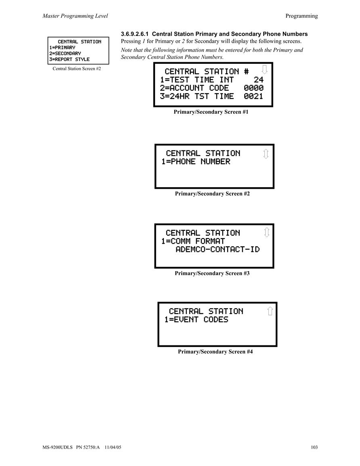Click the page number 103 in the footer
click(x=314, y=447)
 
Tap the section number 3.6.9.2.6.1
click(x=135, y=34)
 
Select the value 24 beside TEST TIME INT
click(x=258, y=79)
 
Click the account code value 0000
click(x=253, y=88)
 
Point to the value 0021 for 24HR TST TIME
click(x=253, y=96)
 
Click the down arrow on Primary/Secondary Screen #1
click(x=264, y=69)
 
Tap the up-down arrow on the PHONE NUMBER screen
click(x=266, y=154)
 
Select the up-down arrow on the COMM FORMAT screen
click(x=267, y=232)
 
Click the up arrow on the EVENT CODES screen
click(x=270, y=311)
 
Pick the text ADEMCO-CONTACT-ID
click(x=218, y=249)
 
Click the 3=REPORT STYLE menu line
click(x=69, y=59)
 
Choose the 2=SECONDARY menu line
click(x=65, y=54)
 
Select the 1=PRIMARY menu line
click(x=63, y=48)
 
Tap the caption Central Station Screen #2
click(x=77, y=69)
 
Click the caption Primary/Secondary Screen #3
click(x=212, y=273)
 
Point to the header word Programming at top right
click(x=301, y=16)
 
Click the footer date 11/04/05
click(x=113, y=447)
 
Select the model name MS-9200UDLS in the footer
click(x=57, y=447)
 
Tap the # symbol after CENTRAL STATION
click(x=247, y=72)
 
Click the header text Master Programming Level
click(x=75, y=16)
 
